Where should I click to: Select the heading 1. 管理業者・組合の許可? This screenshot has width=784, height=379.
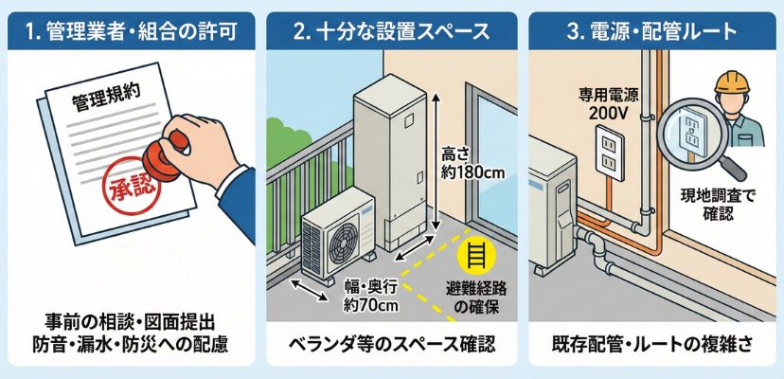131,31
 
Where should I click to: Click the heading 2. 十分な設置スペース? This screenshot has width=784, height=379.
391,31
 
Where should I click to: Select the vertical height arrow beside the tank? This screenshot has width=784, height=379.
436,159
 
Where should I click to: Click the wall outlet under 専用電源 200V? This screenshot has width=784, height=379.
610,153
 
